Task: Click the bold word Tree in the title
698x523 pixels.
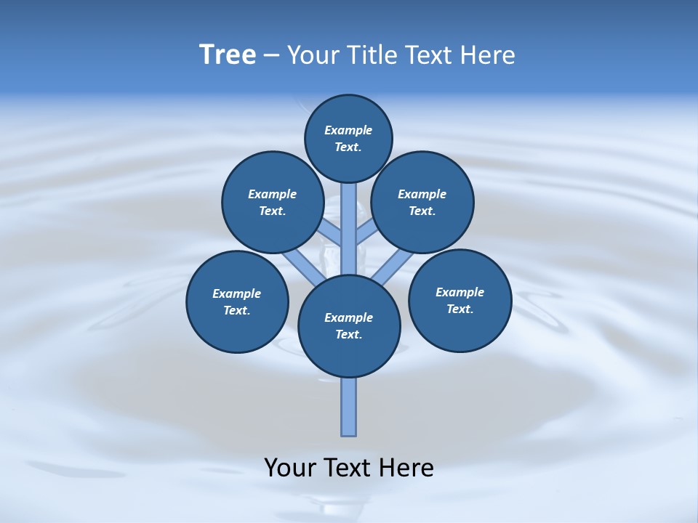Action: point(228,54)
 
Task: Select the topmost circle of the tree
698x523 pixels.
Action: point(348,138)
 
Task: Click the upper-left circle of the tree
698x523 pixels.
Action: point(272,202)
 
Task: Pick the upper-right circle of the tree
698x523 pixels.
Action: point(422,202)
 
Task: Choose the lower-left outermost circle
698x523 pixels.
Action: point(237,301)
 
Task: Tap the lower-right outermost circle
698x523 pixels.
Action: point(460,300)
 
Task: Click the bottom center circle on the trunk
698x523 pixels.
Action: point(349,326)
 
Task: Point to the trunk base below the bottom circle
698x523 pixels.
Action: point(349,407)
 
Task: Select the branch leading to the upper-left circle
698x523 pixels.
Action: point(331,233)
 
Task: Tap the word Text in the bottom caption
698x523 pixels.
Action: point(349,467)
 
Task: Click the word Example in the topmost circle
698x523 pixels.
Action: point(348,130)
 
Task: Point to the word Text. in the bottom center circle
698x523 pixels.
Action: point(348,335)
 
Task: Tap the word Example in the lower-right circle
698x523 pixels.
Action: point(460,292)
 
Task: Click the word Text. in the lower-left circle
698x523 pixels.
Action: point(237,311)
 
